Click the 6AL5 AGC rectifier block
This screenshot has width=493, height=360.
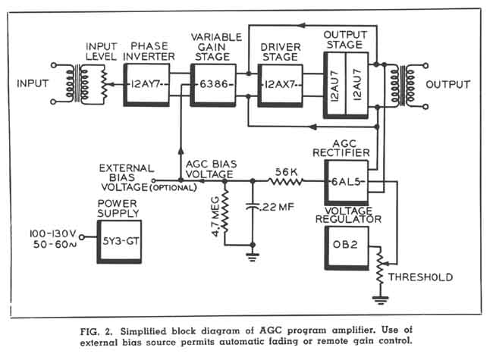point(347,182)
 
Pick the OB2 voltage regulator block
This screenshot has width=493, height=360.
point(346,250)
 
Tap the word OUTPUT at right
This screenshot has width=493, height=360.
point(452,83)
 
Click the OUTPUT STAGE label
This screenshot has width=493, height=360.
point(345,40)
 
